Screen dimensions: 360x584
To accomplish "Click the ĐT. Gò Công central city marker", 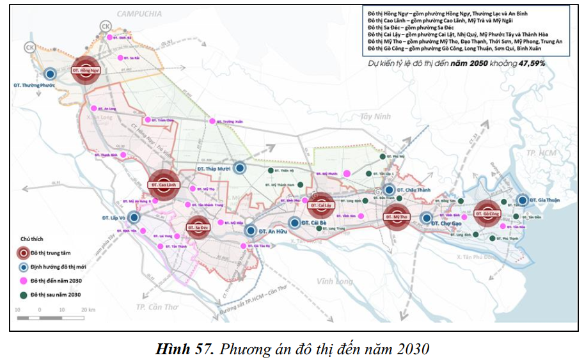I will coord(489,213).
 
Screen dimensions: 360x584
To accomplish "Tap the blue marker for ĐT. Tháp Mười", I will coord(239,168).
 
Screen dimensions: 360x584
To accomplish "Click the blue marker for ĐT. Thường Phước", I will coord(50,74).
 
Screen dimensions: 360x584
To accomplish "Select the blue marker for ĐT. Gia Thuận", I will coord(523,200).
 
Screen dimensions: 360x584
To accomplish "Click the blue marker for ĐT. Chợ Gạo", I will coord(427,218).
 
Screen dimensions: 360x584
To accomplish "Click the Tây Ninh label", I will coord(374,116).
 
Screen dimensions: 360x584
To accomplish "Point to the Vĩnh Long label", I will coord(334,281).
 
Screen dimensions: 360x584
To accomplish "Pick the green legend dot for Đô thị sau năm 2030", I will coord(23,294).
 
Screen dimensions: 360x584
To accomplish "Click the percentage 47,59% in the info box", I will coord(532,63).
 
